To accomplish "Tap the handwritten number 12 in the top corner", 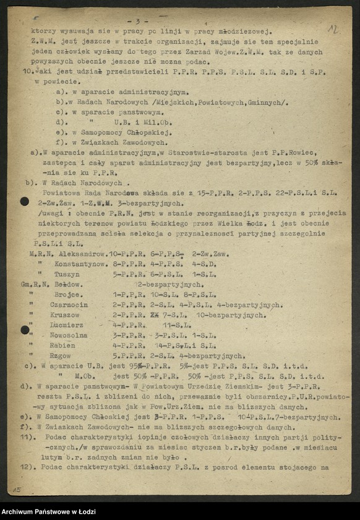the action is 333,29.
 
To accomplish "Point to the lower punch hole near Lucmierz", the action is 25,329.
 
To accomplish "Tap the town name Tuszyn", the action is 67,274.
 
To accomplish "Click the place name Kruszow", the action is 67,315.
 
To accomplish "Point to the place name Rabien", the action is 65,345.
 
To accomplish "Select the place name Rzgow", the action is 62,356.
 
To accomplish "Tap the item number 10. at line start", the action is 26,72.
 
